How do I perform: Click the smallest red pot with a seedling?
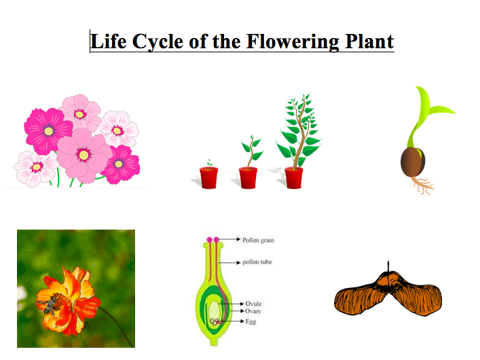click(208, 177)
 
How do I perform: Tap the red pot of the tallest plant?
click(293, 177)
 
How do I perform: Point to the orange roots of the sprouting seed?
click(422, 185)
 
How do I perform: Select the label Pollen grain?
click(259, 240)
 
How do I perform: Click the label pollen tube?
click(258, 262)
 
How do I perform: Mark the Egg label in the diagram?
click(251, 321)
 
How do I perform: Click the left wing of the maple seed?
click(357, 299)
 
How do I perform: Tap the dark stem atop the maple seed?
click(387, 266)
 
